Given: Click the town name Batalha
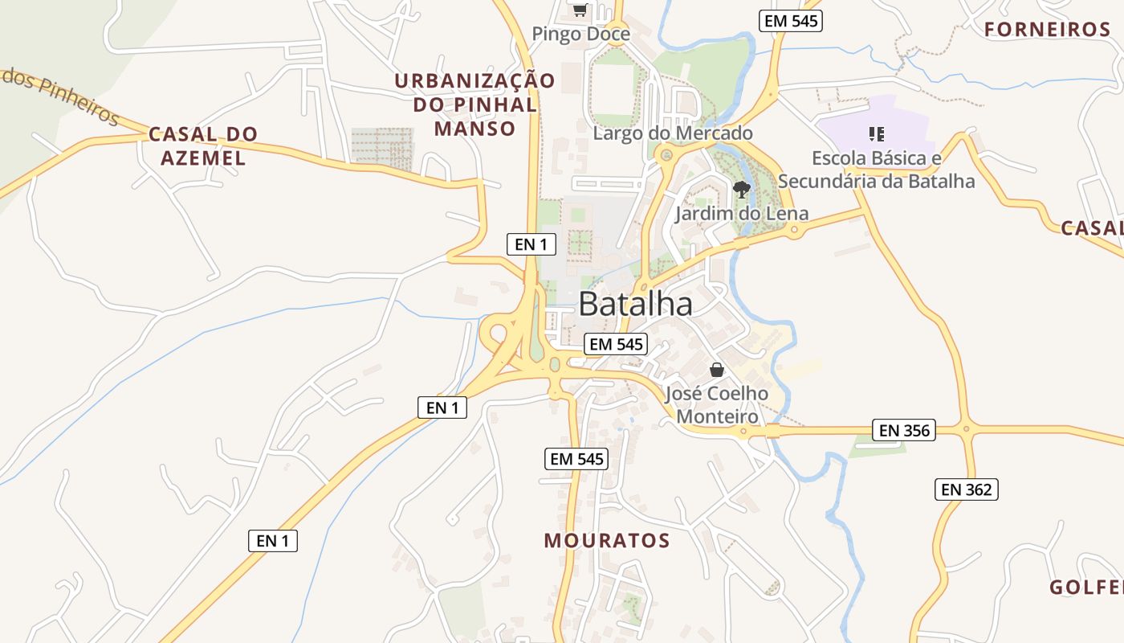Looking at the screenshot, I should point(635,304).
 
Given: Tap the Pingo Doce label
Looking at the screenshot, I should point(580,34).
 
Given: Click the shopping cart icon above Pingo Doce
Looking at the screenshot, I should point(580,10).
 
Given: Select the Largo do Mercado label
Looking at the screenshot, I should point(673,133).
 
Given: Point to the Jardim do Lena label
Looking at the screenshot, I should point(741,214).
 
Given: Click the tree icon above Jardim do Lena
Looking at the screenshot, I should point(742,190).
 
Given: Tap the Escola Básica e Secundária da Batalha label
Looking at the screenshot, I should point(876,169).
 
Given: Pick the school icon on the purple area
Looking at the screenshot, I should point(877,134).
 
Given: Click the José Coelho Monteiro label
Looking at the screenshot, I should point(717,405).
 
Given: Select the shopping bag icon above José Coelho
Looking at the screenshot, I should point(717,370).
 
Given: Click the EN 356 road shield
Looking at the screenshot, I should point(904,430).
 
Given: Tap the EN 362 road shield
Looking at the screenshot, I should point(966,489).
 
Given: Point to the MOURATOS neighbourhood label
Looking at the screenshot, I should point(607,540).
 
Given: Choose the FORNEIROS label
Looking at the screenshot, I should point(1047,30).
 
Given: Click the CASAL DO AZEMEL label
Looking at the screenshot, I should point(203,145).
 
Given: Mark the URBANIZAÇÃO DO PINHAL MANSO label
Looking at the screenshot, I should point(474,104).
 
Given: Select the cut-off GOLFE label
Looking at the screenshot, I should point(1085,588).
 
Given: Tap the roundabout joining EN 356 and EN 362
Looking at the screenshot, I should point(966,429).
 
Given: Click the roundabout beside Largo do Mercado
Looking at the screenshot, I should point(665,154).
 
